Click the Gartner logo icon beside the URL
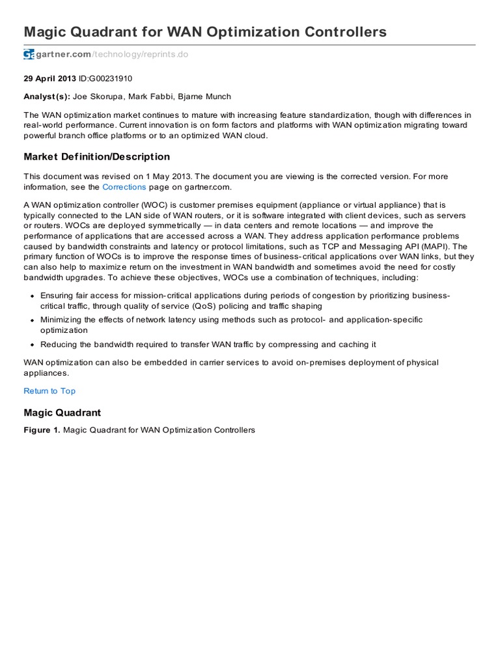(29, 55)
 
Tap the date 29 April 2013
(49, 78)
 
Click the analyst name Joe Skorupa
(100, 96)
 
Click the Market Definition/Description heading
(97, 157)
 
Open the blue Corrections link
(124, 187)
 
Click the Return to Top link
(49, 391)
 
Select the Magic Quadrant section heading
(62, 413)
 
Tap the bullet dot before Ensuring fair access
(31, 296)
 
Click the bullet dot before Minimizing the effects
(31, 320)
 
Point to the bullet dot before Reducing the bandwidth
(31, 345)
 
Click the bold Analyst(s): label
(47, 96)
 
